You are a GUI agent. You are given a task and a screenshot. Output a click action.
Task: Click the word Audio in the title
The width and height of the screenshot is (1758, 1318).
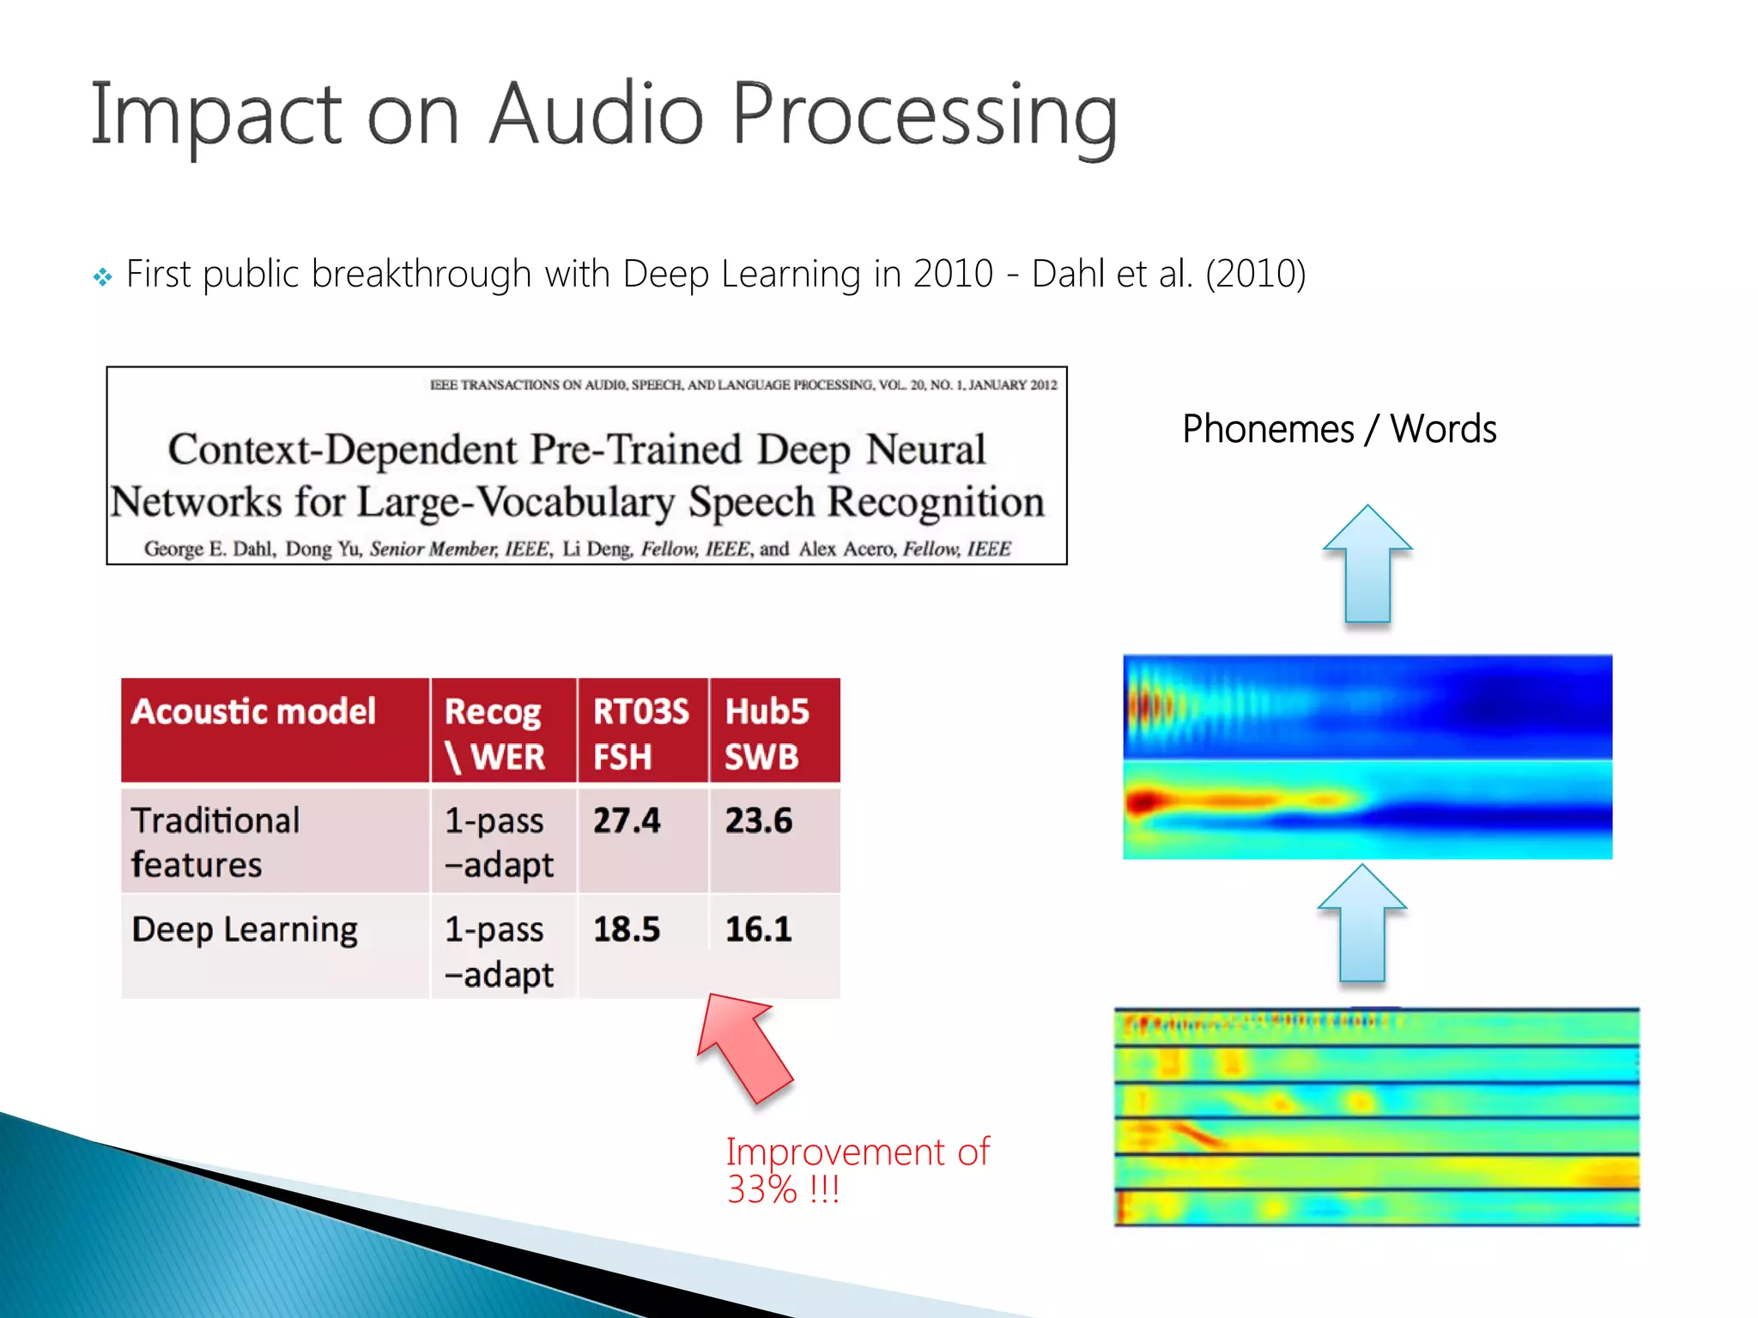pos(596,114)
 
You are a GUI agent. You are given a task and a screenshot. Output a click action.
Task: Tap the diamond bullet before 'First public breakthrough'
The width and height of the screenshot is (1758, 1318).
pos(102,277)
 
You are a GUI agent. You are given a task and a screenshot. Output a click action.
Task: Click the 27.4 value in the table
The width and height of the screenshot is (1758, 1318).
pos(627,820)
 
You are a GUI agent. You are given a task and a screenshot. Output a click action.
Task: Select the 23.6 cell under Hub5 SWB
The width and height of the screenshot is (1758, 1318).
pos(759,820)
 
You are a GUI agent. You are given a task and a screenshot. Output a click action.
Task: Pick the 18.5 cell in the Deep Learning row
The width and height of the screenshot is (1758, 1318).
pos(627,929)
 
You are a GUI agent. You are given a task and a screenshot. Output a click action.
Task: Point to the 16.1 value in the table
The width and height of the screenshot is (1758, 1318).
pos(759,929)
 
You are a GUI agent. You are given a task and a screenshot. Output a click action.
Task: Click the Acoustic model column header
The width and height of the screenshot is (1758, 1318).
pos(254,712)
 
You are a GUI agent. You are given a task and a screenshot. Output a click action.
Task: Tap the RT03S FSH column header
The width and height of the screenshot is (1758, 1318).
pos(641,734)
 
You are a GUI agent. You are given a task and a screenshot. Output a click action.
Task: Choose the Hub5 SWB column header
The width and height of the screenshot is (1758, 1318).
pos(767,734)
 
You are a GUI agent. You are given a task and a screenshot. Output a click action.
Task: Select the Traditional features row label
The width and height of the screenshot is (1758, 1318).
pos(215,842)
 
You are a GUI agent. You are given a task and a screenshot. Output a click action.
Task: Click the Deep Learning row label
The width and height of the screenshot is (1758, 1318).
pos(245,930)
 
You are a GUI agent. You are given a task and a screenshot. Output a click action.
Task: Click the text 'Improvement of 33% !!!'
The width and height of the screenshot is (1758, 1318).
pos(857,1170)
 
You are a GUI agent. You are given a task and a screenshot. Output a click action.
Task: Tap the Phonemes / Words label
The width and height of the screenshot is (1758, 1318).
pos(1339,429)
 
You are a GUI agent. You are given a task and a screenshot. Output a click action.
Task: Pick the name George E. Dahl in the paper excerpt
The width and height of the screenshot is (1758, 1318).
pos(209,549)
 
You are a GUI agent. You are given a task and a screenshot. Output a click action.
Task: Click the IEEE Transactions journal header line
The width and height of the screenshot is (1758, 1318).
pos(743,385)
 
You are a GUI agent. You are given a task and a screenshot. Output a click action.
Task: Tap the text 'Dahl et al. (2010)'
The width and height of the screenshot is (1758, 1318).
pos(1168,275)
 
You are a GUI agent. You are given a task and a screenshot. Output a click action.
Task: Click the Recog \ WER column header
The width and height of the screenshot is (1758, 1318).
pos(494,734)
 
